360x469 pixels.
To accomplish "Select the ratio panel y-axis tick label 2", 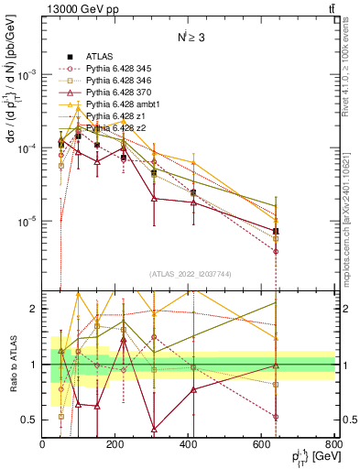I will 35,310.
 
